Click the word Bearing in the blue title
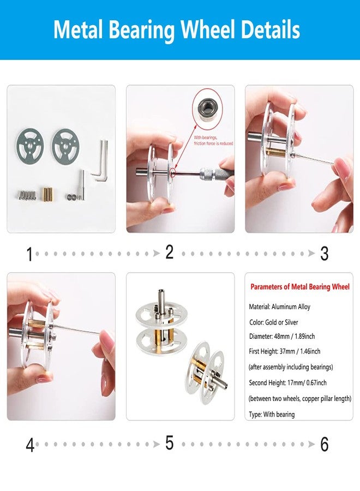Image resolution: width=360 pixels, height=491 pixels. click(x=142, y=31)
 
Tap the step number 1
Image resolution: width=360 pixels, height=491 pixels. click(x=30, y=254)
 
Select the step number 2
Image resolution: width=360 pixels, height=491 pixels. click(x=169, y=252)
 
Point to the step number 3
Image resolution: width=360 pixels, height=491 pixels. click(x=325, y=254)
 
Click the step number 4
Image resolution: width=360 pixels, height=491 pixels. click(x=30, y=445)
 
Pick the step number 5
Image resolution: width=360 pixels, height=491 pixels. click(x=169, y=443)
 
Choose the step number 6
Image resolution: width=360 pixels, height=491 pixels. click(x=325, y=444)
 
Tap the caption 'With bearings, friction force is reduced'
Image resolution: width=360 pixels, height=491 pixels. click(x=213, y=140)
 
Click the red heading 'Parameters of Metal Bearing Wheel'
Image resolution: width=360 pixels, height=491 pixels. click(x=300, y=287)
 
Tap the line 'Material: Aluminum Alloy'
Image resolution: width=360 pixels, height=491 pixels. click(x=280, y=307)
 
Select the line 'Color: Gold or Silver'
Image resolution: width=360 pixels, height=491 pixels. click(x=274, y=322)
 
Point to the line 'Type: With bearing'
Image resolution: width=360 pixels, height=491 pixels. click(x=272, y=414)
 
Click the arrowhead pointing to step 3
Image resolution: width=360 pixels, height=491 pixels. click(x=311, y=253)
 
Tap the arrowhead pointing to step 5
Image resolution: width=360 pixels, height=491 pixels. click(x=156, y=444)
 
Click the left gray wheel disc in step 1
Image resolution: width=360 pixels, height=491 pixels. click(x=30, y=145)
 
